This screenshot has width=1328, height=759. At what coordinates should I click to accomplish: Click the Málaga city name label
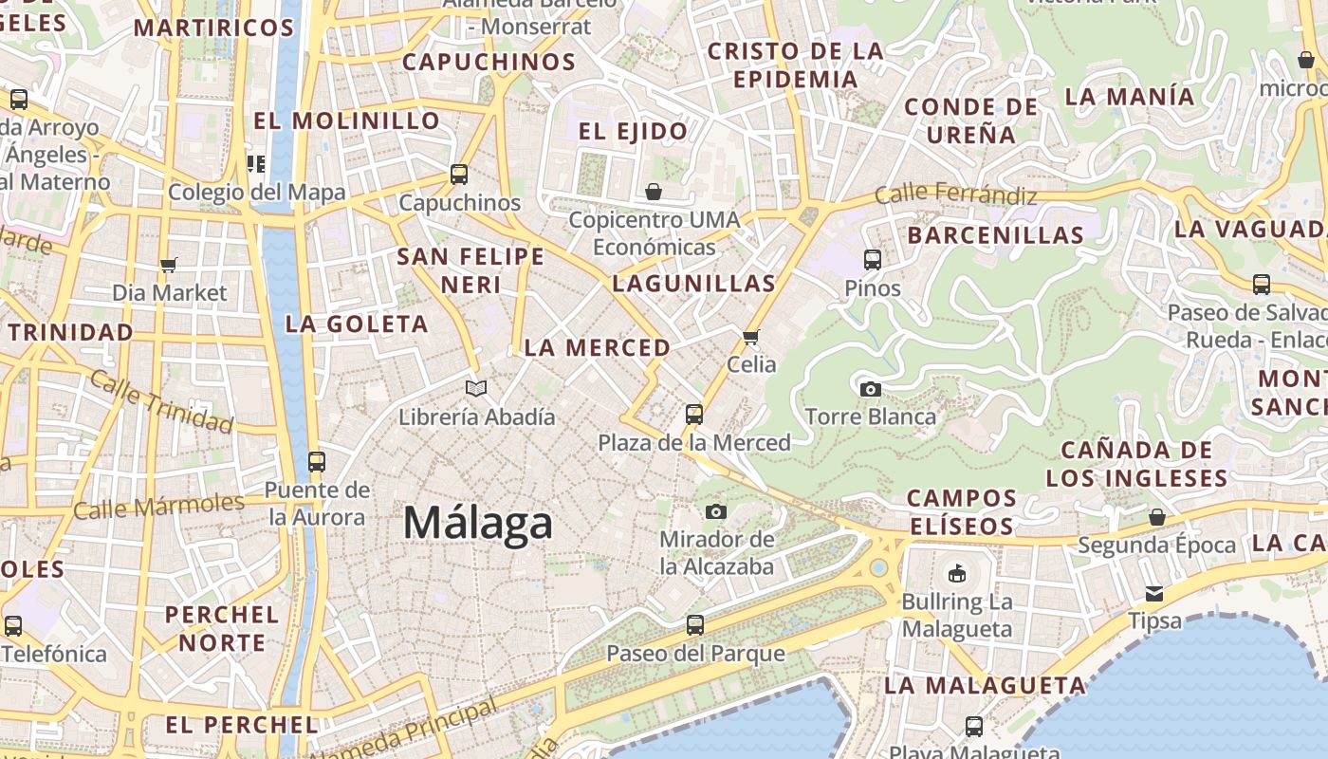tap(477, 523)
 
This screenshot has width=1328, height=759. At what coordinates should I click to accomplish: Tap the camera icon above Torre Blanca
tap(870, 389)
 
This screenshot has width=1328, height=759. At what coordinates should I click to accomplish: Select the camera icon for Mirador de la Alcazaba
tap(716, 512)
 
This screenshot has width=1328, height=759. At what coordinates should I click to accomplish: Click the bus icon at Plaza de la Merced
tap(694, 415)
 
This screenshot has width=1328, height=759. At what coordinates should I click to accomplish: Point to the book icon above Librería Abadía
tap(476, 388)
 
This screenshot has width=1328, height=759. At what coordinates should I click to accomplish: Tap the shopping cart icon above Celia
tap(751, 337)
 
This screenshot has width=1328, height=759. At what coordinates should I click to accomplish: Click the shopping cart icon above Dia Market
tap(169, 265)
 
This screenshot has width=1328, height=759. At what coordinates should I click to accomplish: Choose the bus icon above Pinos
tap(873, 259)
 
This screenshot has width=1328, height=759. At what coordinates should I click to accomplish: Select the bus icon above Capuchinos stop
tap(459, 175)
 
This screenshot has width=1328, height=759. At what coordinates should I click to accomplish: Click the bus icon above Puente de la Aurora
tap(316, 462)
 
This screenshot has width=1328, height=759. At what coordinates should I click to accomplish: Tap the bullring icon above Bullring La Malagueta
tap(956, 573)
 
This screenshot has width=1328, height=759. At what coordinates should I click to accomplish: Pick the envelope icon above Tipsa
tap(1154, 594)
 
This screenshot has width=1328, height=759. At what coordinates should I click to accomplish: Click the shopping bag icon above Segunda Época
tap(1156, 517)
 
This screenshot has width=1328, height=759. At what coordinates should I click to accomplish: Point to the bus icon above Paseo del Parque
tap(695, 625)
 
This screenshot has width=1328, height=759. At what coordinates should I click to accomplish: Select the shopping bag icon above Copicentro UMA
tap(654, 192)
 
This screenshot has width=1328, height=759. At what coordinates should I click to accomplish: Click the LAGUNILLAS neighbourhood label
tap(693, 283)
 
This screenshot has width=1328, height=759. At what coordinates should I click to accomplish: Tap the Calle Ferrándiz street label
tap(955, 194)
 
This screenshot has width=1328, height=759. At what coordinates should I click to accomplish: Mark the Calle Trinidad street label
tap(160, 401)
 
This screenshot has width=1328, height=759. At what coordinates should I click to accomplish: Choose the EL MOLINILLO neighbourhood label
tap(347, 120)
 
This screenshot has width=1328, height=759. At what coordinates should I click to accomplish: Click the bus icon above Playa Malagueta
tap(974, 727)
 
